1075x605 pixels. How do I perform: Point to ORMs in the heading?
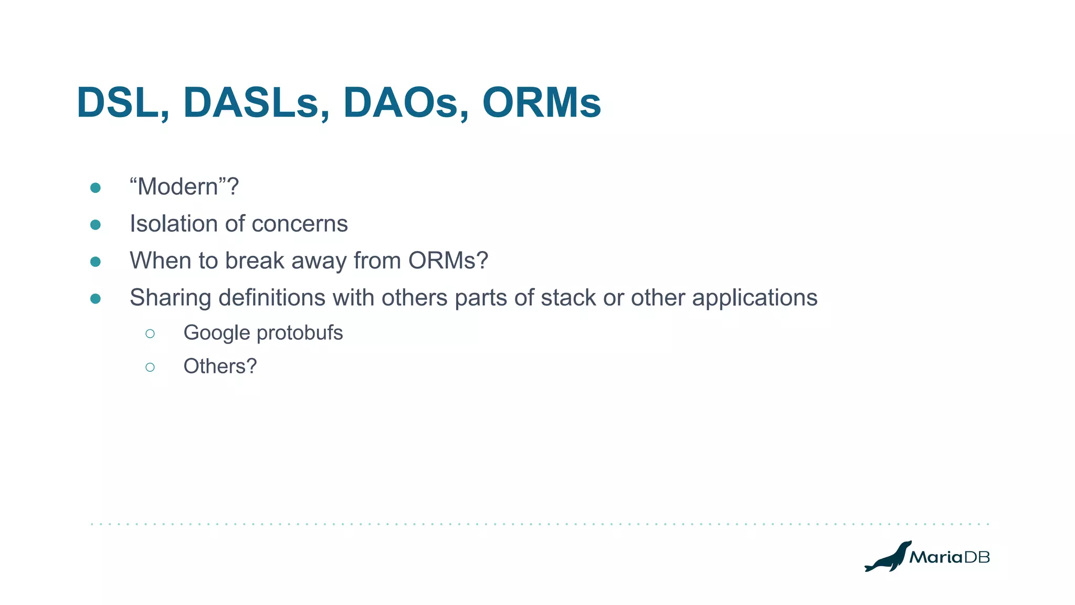pos(541,103)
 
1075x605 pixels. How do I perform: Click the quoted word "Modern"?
pos(178,187)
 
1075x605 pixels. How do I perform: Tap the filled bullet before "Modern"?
pos(96,188)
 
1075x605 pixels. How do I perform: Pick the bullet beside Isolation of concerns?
pos(96,225)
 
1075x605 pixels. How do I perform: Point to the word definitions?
pos(272,298)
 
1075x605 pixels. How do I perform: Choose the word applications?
pos(754,298)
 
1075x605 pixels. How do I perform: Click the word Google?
pos(216,333)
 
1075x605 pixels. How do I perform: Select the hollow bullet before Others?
pos(150,367)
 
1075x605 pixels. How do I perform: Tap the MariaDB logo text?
pos(949,557)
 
